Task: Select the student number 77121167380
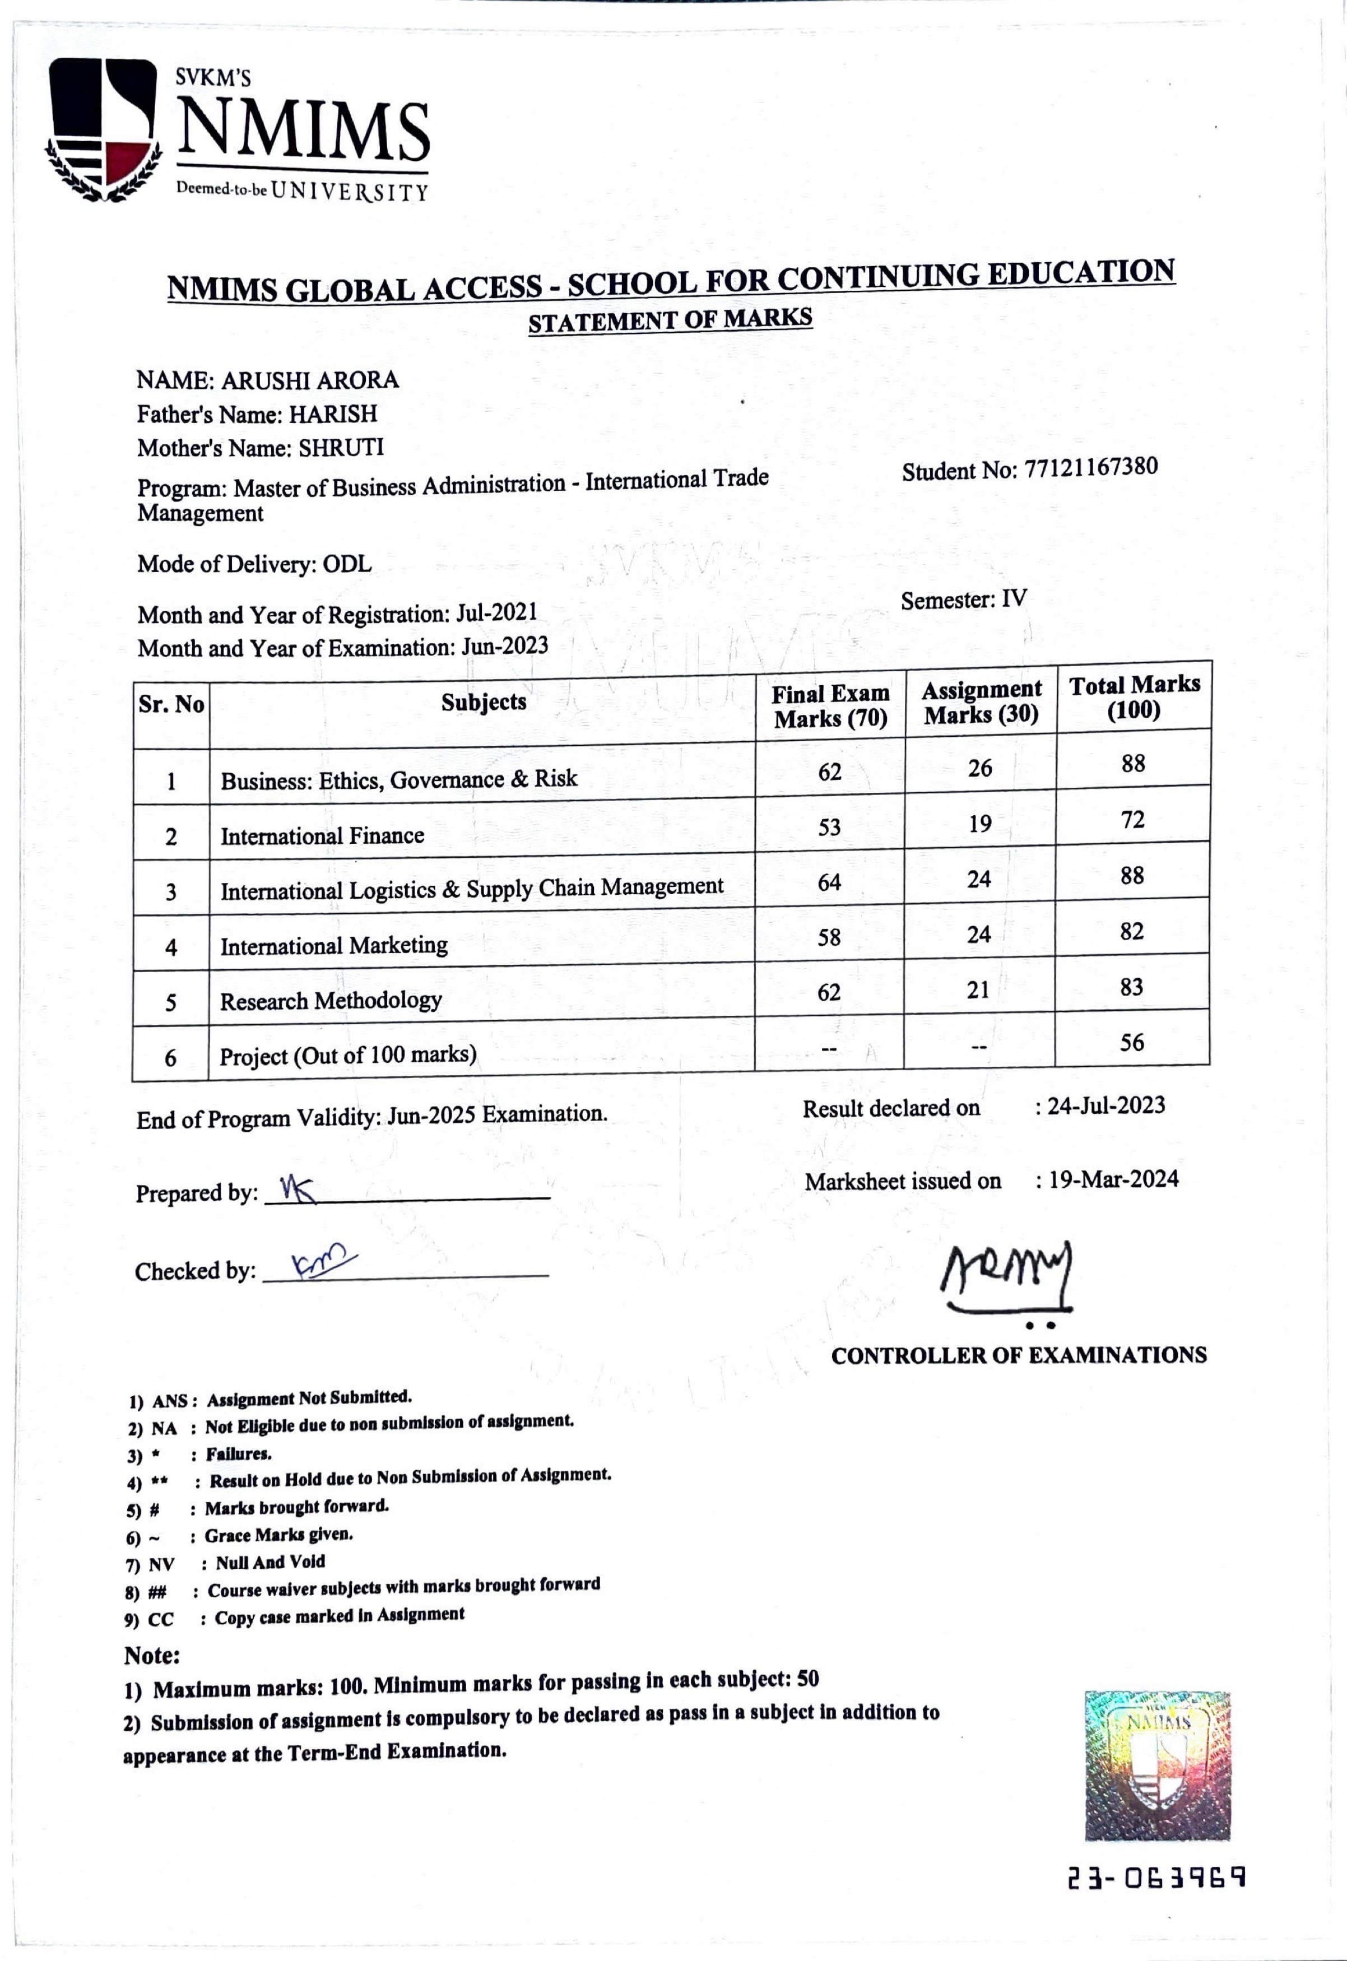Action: [1090, 468]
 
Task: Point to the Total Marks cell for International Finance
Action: [1132, 819]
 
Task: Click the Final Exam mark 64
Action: [830, 882]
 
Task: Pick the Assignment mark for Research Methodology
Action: [978, 990]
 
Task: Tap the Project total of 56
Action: [1132, 1042]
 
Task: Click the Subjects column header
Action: [484, 702]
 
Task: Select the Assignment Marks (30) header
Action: [981, 703]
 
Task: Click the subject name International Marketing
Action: [334, 946]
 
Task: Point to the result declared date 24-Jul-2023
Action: [1106, 1105]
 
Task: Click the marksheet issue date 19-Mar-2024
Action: [1112, 1179]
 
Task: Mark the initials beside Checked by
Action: [312, 1263]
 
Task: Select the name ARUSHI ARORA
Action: [310, 380]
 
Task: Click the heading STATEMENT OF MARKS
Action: [670, 320]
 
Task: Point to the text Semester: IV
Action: [963, 600]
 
